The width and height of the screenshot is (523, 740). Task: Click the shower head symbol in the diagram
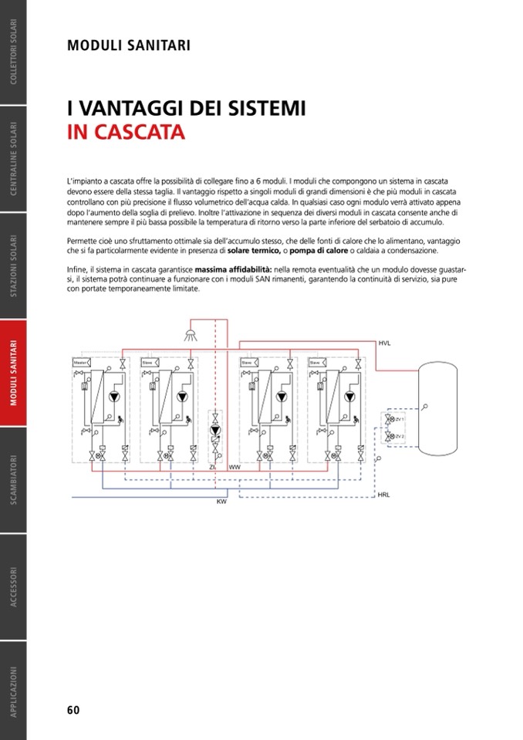[x=190, y=334]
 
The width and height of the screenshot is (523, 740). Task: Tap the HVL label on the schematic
[x=384, y=342]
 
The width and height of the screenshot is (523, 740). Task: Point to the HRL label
[x=384, y=494]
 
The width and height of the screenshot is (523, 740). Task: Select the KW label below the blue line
[x=221, y=502]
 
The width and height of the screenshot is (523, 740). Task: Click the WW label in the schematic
[x=235, y=468]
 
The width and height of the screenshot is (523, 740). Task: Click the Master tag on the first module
[x=79, y=362]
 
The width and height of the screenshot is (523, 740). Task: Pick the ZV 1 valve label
[x=400, y=420]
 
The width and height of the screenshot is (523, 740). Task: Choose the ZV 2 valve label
[x=400, y=437]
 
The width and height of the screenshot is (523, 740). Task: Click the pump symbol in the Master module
[x=115, y=397]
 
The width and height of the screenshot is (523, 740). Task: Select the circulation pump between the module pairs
[x=216, y=432]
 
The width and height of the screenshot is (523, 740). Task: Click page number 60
[x=73, y=710]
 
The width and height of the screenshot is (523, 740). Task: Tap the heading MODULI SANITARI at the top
[x=129, y=46]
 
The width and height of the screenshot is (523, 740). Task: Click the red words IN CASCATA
[x=126, y=132]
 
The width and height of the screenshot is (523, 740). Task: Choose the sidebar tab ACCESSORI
[x=13, y=587]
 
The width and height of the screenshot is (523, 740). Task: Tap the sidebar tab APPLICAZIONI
[x=13, y=691]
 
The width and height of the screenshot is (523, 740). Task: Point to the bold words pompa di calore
[x=317, y=251]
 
